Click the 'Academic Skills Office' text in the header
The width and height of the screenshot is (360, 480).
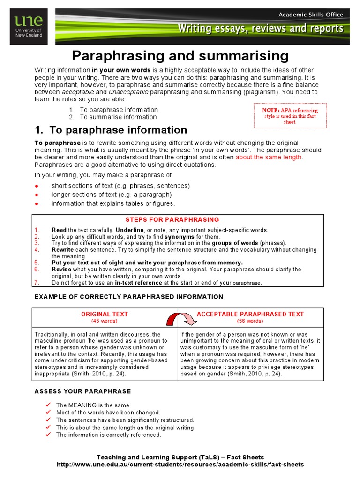[311, 15]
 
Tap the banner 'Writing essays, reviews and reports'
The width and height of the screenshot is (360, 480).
[260, 29]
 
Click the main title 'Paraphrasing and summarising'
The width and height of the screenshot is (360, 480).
[180, 56]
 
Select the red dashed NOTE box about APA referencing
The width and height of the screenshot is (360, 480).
[290, 116]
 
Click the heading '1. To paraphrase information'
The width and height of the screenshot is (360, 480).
[111, 130]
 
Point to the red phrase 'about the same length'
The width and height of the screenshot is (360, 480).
[269, 157]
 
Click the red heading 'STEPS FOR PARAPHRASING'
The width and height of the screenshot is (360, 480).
[172, 219]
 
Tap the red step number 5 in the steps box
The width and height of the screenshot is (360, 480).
[37, 263]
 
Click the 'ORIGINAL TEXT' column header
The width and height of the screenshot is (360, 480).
[105, 314]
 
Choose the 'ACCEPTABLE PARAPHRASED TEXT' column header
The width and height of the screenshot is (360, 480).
[250, 314]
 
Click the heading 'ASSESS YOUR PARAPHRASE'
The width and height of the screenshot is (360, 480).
[83, 391]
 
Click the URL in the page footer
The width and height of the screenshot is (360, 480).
[180, 465]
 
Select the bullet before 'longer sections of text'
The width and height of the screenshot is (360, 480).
[37, 195]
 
